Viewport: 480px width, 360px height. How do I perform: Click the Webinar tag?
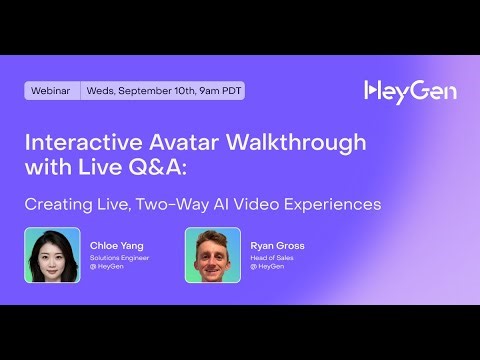coord(51,91)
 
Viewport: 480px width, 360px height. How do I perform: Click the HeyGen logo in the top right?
coord(410,91)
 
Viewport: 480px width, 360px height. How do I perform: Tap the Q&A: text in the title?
coord(198,167)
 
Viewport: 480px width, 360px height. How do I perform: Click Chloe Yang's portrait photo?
coord(52,255)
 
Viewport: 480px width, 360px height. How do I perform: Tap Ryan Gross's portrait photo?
coord(213,255)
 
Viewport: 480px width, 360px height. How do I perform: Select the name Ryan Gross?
coord(277,243)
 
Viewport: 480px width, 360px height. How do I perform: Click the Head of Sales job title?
coord(269,257)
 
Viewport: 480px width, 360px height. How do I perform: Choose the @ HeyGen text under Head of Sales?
coord(264,266)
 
